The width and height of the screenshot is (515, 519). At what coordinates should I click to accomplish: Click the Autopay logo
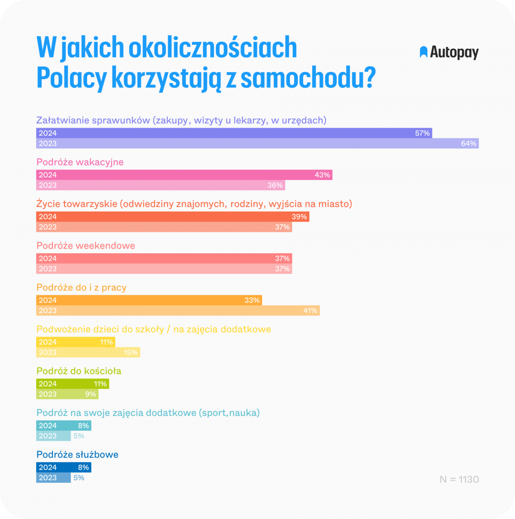449,52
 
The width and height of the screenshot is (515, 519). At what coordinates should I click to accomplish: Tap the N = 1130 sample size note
459,479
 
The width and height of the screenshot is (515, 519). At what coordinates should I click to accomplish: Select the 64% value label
468,143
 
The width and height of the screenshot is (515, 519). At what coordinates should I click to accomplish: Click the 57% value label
422,133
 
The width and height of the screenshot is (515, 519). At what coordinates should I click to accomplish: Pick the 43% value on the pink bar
322,175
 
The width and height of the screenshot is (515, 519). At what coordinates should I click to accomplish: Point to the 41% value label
310,311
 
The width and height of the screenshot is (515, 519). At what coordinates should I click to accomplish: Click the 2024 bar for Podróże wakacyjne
181,175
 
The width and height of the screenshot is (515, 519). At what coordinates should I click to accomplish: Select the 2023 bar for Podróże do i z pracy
176,311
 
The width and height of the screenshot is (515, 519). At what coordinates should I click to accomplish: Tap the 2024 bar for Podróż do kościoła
72,384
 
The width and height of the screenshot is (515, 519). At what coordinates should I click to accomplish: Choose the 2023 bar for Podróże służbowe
53,478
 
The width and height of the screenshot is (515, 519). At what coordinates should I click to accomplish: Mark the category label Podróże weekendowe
86,246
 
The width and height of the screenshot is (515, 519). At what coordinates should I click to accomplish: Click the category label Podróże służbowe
77,455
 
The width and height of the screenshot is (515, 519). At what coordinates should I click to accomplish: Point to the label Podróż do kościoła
79,371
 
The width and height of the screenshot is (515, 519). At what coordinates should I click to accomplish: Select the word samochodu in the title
307,78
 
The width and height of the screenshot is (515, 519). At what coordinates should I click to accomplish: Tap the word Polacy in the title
71,78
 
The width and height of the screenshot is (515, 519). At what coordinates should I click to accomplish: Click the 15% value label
131,353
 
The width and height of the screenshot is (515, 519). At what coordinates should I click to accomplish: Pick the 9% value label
90,394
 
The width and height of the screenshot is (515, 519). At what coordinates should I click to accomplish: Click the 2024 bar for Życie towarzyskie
172,217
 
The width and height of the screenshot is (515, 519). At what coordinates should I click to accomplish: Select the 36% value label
275,185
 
